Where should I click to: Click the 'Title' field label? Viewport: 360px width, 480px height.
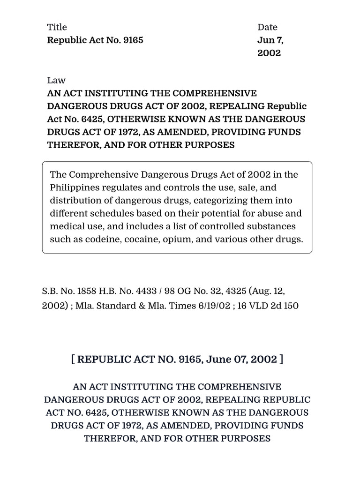coord(57,27)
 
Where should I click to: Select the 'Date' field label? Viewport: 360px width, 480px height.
coord(267,27)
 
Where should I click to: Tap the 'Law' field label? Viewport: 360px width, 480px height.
coord(56,80)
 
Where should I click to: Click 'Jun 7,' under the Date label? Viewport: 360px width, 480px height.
coord(270,40)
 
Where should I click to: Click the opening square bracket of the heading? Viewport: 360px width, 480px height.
coord(73,360)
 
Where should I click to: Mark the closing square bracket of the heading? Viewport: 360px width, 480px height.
coord(281,360)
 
